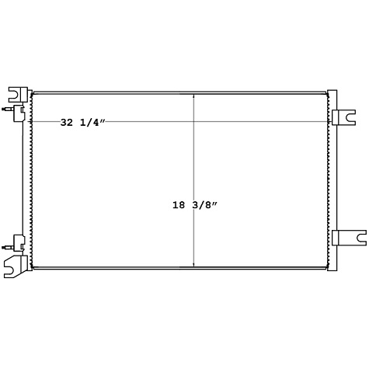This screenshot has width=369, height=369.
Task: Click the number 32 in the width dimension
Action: pos(68,122)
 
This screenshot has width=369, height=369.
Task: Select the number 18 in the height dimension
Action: pos(180,206)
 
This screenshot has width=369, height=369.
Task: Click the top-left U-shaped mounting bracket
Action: pos(16,95)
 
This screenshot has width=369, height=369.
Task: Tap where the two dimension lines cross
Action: pos(193,122)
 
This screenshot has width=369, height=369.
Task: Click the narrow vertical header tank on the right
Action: pos(332,179)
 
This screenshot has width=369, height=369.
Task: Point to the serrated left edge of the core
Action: pos(32,179)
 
